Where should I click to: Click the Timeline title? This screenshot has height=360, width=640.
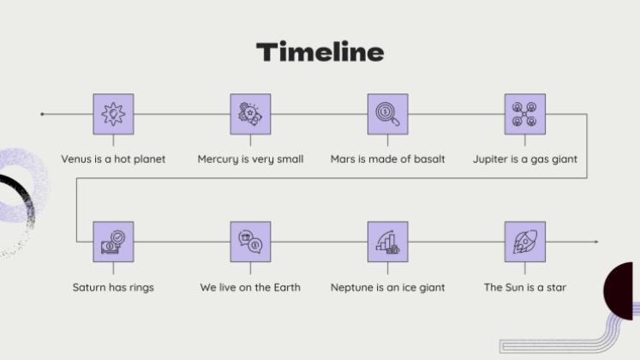[320, 51]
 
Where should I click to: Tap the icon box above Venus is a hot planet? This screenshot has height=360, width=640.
[113, 114]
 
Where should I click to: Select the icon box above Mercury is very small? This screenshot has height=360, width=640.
[251, 114]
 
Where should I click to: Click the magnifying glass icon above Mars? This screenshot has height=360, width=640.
[388, 114]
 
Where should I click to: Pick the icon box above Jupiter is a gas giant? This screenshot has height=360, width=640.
[525, 114]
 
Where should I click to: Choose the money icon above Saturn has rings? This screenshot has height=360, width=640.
[113, 242]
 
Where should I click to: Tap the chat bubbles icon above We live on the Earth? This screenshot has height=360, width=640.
[251, 242]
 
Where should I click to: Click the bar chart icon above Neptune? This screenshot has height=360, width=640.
[388, 242]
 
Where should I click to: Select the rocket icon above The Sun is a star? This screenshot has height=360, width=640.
[525, 242]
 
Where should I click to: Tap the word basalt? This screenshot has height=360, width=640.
[429, 159]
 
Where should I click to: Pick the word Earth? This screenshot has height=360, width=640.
[287, 287]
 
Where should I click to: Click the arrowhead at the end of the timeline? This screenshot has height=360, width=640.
[596, 242]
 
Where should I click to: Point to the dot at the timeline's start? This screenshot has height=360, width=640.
[42, 114]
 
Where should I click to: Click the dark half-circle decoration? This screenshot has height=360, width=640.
[619, 291]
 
